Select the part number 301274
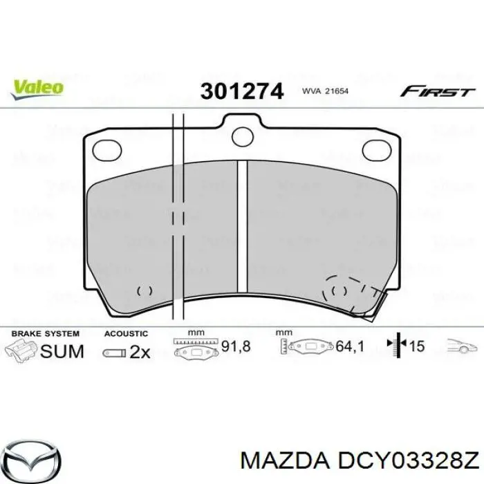coord(242,91)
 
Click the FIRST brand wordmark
coord(438,91)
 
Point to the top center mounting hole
coord(243,137)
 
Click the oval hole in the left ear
coord(106,148)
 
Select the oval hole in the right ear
coord(378,148)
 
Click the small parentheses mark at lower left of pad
coord(145,291)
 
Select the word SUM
coord(62,351)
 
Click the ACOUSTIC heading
coord(126,333)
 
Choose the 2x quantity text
coord(140,351)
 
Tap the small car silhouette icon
coord(461,346)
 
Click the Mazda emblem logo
coord(34,457)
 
